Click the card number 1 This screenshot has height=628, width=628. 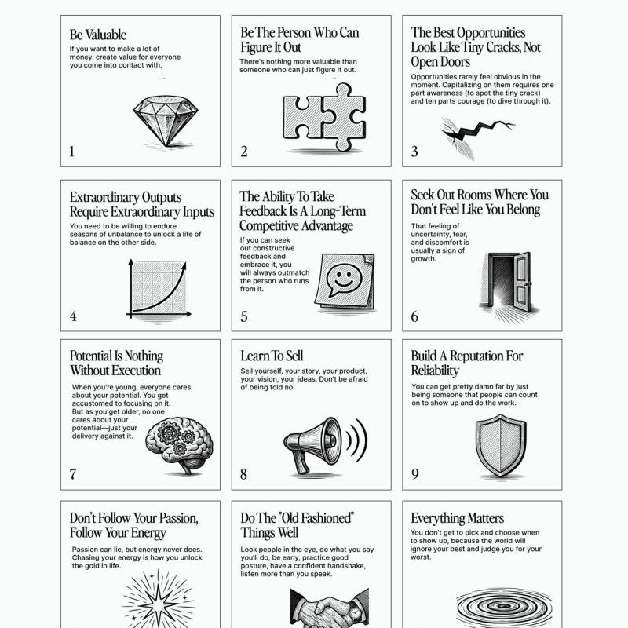(72, 152)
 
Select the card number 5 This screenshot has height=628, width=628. (244, 317)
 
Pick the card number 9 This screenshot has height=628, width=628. (415, 473)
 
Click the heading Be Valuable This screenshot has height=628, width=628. (97, 35)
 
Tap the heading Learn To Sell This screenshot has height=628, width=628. (272, 356)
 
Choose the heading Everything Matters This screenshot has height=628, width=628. (457, 518)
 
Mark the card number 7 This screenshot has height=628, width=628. (73, 473)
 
